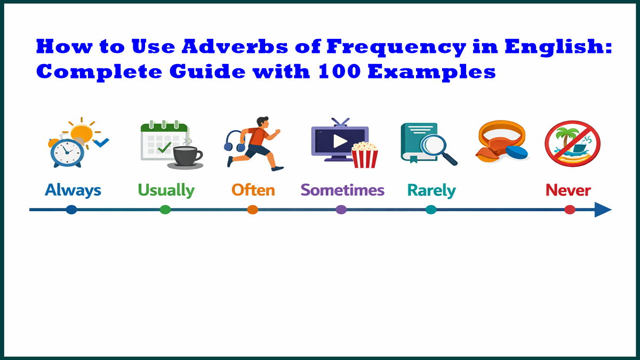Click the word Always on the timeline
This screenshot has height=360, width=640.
[73, 190]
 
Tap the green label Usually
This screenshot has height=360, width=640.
[166, 190]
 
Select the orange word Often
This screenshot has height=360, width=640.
[253, 190]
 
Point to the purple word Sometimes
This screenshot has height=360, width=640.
[342, 190]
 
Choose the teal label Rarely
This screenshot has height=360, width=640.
[431, 190]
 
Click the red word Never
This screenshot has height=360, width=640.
[569, 190]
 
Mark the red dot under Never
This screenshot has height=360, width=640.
[570, 210]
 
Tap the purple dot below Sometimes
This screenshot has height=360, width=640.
[341, 210]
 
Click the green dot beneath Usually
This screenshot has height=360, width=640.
[165, 210]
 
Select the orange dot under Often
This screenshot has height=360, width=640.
[253, 210]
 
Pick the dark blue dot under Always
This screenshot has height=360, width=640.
[71, 210]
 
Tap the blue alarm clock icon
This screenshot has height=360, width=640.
[67, 153]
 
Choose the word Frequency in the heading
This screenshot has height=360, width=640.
[395, 47]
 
